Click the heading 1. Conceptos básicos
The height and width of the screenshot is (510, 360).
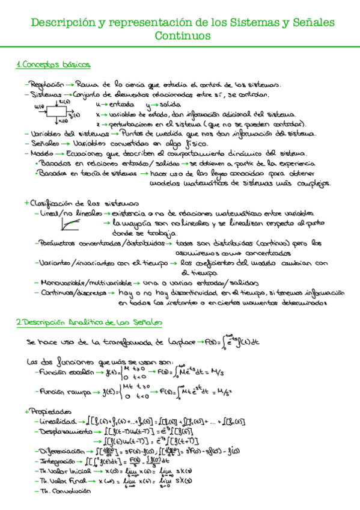coord(53,64)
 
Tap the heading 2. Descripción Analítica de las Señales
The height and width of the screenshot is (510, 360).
coord(90,323)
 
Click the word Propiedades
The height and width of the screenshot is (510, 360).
coord(47,411)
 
